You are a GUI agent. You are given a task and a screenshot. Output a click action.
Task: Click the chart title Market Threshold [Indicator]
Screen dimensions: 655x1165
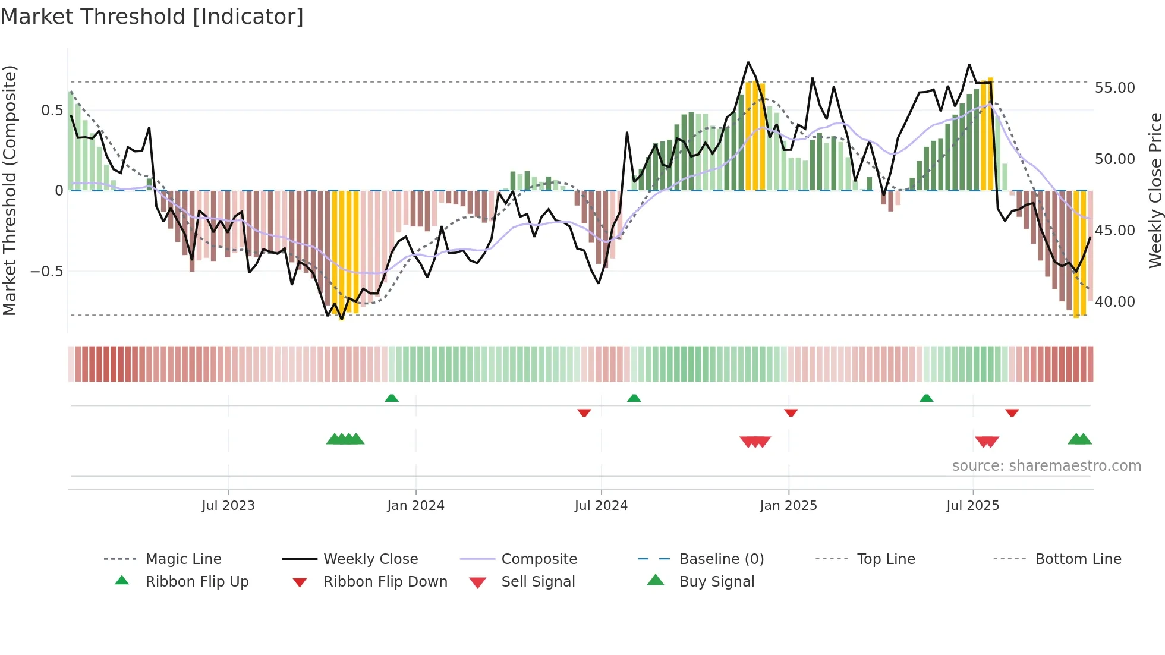tap(152, 17)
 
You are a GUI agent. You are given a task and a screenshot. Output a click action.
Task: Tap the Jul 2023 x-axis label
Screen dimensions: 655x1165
tap(228, 506)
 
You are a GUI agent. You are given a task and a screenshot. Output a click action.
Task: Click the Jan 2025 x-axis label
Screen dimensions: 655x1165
tap(788, 506)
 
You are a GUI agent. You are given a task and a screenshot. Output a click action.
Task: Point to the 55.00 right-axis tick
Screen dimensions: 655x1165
tap(1114, 88)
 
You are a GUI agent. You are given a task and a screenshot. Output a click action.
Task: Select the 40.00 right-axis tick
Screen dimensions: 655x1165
tap(1114, 302)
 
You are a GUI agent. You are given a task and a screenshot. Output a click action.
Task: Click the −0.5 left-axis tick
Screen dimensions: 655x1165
tap(46, 272)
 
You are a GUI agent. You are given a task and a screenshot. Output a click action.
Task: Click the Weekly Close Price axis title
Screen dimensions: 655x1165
tap(1155, 190)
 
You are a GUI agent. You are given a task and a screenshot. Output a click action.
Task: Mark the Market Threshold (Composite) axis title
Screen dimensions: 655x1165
tap(10, 190)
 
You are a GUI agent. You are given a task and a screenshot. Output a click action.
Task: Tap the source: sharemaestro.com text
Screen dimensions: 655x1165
tap(1046, 466)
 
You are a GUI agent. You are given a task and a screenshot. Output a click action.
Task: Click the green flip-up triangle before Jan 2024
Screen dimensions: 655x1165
tap(392, 398)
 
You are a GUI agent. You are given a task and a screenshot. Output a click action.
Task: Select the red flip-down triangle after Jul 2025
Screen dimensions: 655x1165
tap(1012, 412)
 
